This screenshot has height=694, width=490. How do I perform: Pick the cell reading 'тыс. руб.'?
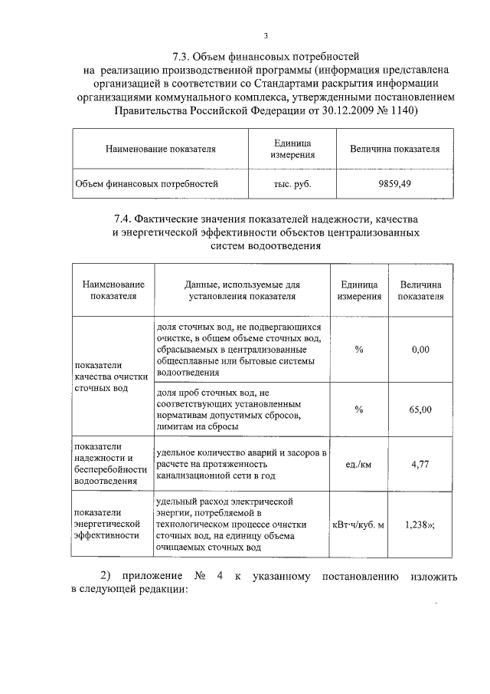[x=292, y=184]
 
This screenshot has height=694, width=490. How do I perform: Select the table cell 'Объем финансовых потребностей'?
[x=146, y=184]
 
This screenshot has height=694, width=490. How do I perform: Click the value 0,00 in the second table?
[x=420, y=349]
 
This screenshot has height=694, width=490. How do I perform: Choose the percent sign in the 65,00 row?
[x=358, y=409]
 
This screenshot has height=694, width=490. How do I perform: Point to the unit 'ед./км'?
[x=358, y=464]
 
